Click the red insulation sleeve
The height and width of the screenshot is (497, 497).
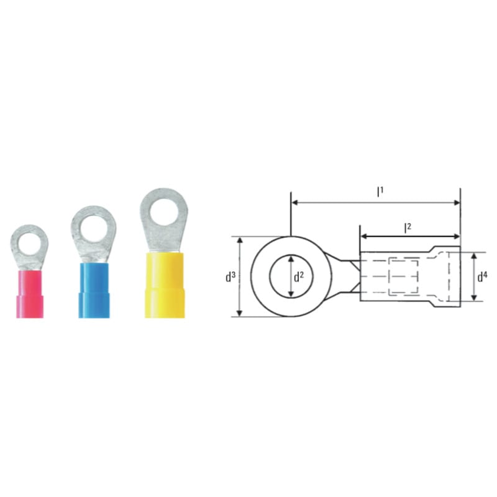pyautogui.click(x=30, y=293)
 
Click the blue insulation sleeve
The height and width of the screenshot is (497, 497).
pyautogui.click(x=93, y=291)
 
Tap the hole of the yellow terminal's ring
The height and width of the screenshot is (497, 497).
pyautogui.click(x=163, y=210)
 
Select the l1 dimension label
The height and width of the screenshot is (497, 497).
pyautogui.click(x=380, y=193)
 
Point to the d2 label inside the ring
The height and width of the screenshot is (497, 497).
pyautogui.click(x=299, y=277)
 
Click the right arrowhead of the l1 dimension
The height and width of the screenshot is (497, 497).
pyautogui.click(x=457, y=203)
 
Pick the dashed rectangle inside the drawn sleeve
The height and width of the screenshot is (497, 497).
pyautogui.click(x=404, y=277)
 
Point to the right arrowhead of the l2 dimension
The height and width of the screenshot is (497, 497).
pyautogui.click(x=457, y=237)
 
